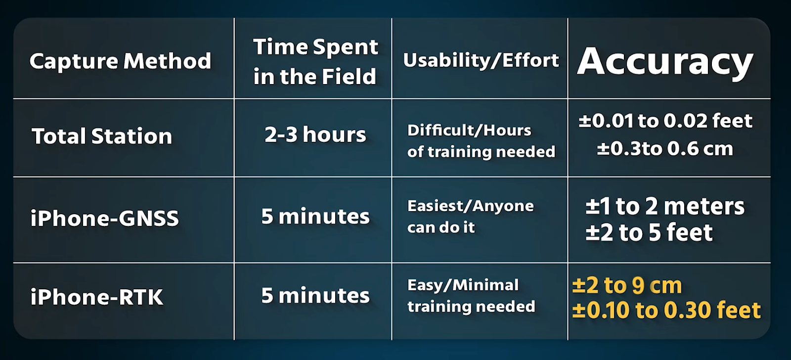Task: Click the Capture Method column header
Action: (121, 61)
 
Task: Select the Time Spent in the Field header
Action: (315, 61)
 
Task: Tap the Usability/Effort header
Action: (481, 60)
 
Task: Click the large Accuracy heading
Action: (665, 62)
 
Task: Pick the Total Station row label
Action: (102, 136)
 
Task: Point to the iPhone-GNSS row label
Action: (104, 218)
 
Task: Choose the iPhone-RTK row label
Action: (97, 297)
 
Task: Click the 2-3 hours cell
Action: (315, 135)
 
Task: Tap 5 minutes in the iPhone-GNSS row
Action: (315, 216)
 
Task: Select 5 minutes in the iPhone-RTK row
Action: (315, 295)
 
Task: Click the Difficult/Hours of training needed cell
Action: (481, 141)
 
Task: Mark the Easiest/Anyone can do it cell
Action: (470, 216)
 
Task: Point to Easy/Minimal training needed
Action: (471, 296)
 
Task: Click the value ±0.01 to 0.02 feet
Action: (665, 121)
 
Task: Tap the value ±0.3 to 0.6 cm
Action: (665, 149)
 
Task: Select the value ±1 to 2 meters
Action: (665, 206)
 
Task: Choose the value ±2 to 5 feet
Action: (649, 232)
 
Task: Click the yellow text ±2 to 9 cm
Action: (627, 285)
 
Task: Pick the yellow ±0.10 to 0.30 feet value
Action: (666, 310)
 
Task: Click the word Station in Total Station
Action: (132, 136)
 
